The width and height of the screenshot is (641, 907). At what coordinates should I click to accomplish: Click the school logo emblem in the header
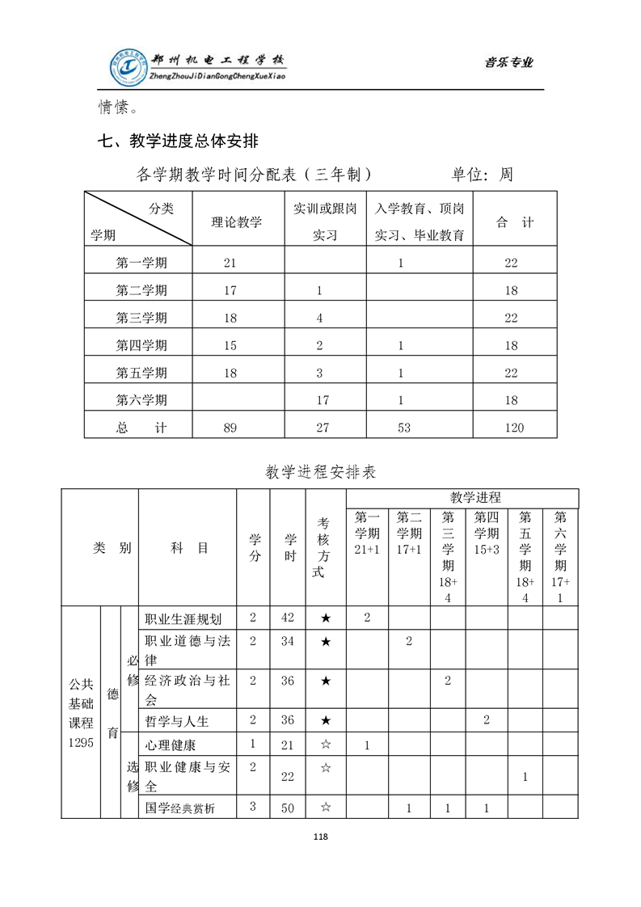tap(130, 67)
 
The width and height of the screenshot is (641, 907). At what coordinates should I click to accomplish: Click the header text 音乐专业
tap(508, 63)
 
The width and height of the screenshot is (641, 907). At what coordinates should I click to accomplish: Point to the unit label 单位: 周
tap(482, 175)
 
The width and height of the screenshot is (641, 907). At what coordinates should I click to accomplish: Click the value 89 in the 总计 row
tap(230, 428)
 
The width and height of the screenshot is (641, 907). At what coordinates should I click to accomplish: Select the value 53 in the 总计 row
tap(404, 428)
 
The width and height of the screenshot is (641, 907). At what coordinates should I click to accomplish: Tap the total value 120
tap(514, 428)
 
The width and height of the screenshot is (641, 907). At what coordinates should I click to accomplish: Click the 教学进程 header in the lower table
tap(475, 497)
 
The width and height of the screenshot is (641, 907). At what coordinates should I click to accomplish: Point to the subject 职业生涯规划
tap(183, 619)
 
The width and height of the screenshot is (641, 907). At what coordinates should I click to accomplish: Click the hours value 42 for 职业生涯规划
tap(287, 618)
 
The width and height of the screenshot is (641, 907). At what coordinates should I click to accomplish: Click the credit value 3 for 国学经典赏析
tap(253, 806)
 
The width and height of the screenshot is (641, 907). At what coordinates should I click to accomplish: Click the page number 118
tap(320, 836)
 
